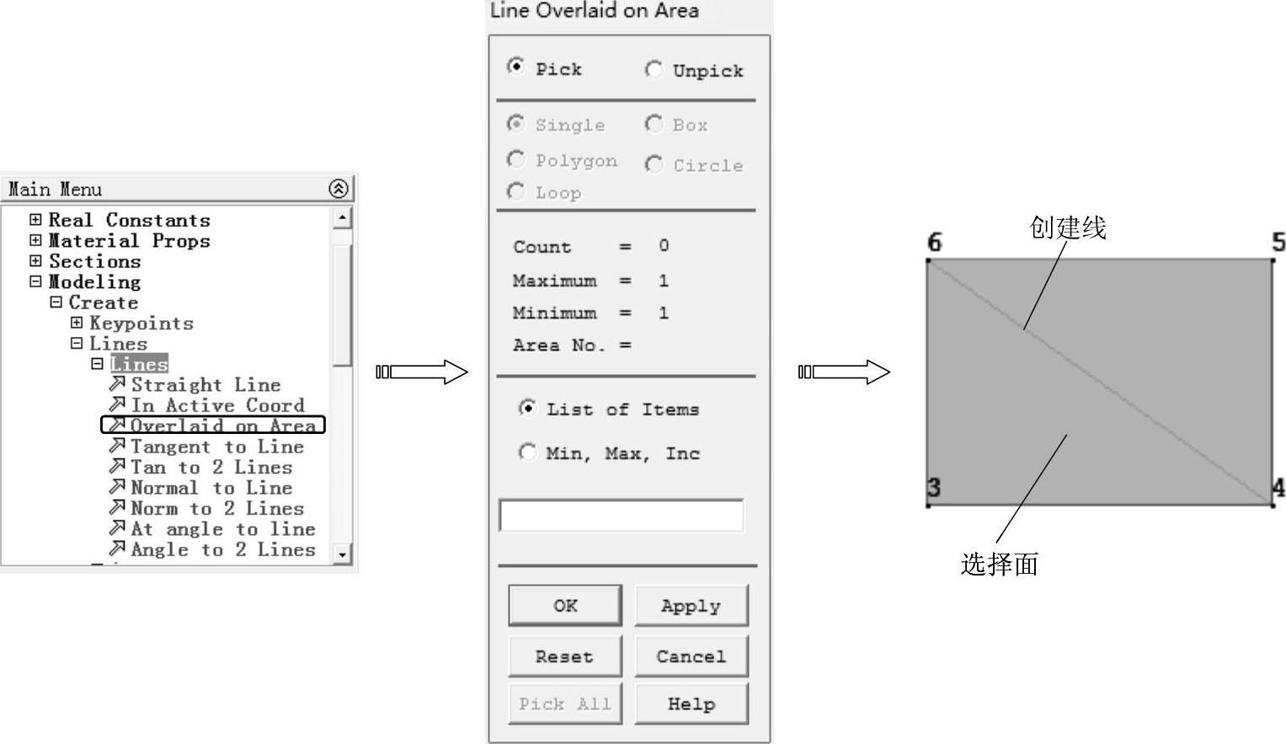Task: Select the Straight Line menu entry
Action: (205, 385)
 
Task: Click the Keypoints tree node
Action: (141, 324)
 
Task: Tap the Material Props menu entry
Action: (129, 241)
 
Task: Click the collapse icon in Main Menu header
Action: (338, 189)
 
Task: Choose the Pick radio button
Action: (515, 67)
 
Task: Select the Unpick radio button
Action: (653, 69)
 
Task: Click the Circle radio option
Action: (653, 164)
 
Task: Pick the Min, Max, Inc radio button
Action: (527, 452)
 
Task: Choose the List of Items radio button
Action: (527, 409)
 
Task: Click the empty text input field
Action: (622, 516)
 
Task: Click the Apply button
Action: (691, 606)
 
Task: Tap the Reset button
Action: (564, 656)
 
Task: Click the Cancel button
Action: (691, 656)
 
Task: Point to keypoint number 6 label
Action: (934, 243)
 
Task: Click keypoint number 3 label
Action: (933, 487)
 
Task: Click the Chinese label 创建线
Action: (1067, 227)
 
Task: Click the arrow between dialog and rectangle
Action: (844, 372)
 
